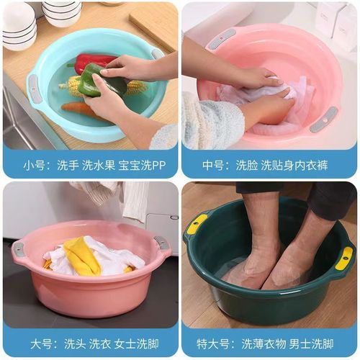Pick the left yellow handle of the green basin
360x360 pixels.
pos(196,223)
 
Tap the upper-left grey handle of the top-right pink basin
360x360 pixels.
pos(221,39)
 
